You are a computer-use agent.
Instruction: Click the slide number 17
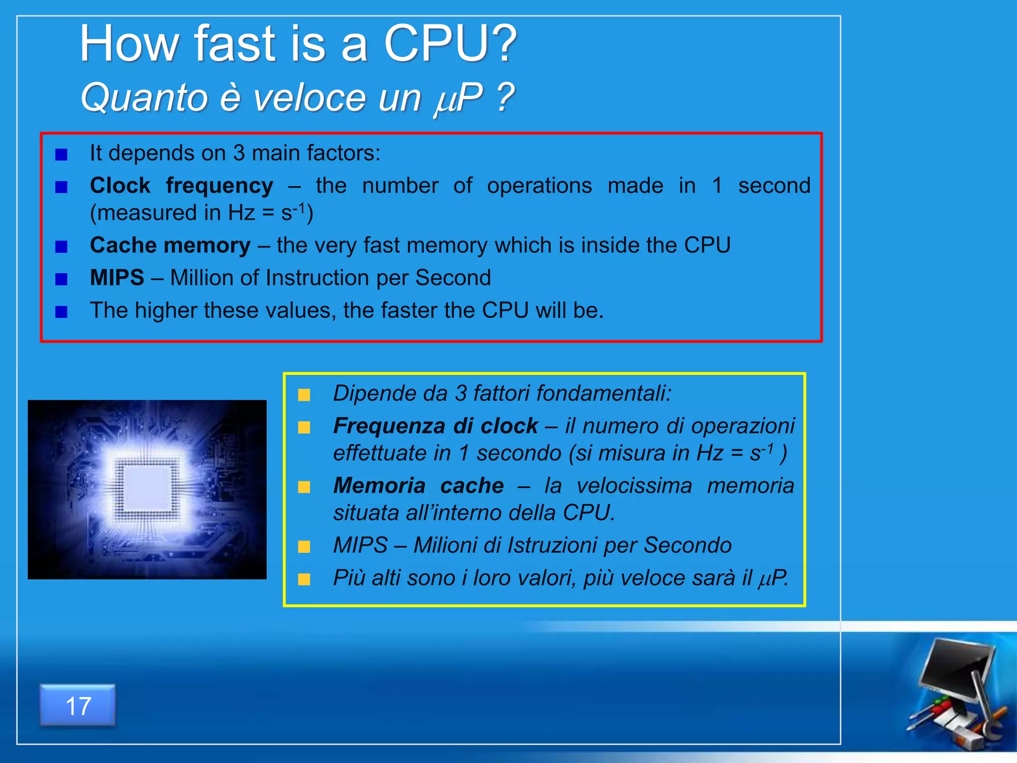point(78,706)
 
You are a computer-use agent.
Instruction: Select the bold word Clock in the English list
point(120,185)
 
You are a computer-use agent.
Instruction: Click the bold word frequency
point(219,186)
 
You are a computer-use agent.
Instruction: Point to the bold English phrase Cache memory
point(170,245)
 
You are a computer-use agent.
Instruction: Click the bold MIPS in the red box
point(117,278)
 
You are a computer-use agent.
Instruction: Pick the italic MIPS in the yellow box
point(360,545)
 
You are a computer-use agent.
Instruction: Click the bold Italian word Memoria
point(379,485)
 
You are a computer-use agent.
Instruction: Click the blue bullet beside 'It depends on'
point(61,154)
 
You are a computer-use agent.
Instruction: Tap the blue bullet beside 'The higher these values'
point(61,311)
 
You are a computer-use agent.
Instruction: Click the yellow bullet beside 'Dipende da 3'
point(304,395)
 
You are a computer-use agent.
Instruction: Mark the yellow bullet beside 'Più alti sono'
point(304,579)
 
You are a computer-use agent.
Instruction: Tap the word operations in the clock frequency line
point(539,185)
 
